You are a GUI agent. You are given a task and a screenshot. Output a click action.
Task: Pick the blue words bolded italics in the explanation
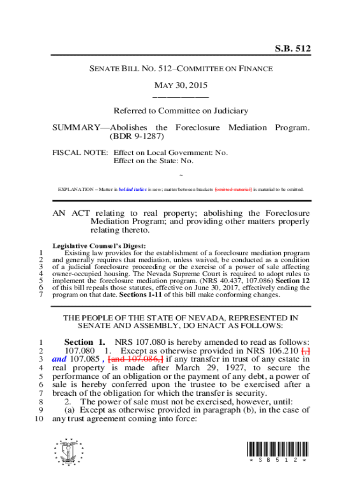pos(133,189)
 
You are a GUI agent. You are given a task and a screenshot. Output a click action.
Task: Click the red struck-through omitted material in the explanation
pos(233,189)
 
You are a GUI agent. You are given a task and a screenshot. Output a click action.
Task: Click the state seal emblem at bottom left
pos(69,452)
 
